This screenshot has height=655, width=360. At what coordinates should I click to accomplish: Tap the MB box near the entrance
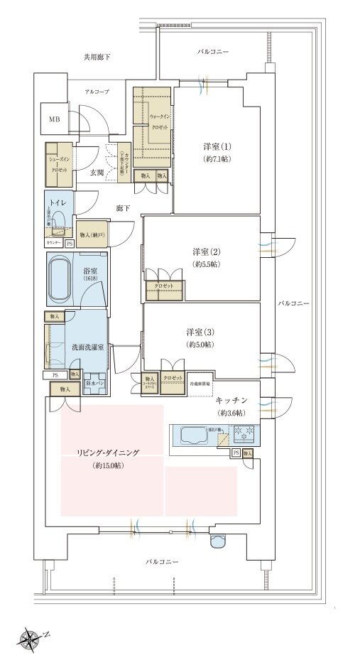[55, 120]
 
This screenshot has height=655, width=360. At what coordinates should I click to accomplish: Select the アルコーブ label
[97, 92]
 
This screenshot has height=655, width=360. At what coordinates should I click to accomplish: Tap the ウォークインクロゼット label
[159, 121]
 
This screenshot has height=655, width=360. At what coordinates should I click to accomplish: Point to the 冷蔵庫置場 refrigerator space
[200, 382]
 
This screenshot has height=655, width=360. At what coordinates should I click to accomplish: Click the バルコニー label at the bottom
[163, 562]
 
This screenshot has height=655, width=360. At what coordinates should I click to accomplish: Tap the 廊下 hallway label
[123, 208]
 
